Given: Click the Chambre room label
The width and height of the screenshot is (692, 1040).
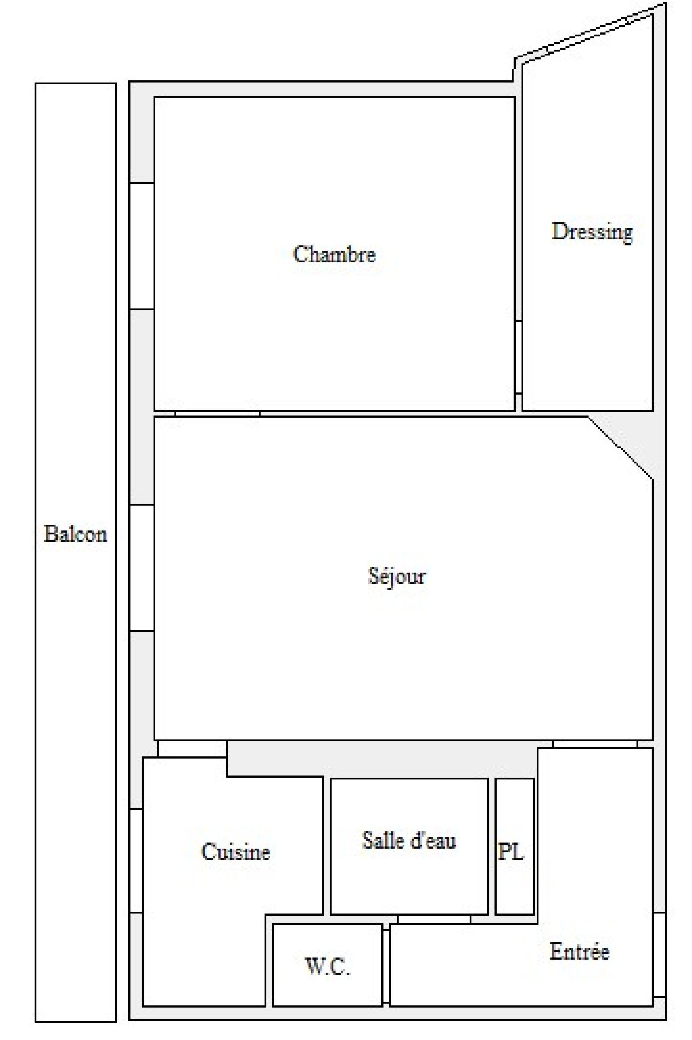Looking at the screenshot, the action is coord(334,255).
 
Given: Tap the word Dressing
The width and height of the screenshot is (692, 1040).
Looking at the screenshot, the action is coord(592,232).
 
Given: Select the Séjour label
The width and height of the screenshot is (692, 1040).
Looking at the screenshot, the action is coord(397,576).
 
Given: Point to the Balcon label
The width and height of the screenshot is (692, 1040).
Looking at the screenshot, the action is coord(75,534).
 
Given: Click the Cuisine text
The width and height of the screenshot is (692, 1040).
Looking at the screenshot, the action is coord(236,851).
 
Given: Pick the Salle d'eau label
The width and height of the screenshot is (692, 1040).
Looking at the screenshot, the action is coord(409,840).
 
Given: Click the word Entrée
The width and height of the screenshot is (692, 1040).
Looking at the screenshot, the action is coord(580,951).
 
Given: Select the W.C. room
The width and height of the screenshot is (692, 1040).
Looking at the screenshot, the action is coord(327,988).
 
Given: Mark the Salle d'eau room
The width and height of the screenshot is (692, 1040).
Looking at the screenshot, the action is coord(409,878).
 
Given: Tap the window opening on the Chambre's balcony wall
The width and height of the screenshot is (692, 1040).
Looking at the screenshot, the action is coord(142,246).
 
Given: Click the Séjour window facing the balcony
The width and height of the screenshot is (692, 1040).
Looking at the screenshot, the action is coord(142,568).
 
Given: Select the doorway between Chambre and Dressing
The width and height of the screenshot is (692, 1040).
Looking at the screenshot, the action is coord(519,357).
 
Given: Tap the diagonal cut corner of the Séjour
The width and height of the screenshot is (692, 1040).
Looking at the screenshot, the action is coord(620,447).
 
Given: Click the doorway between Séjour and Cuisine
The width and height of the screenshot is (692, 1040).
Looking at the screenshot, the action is coord(192,749).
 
